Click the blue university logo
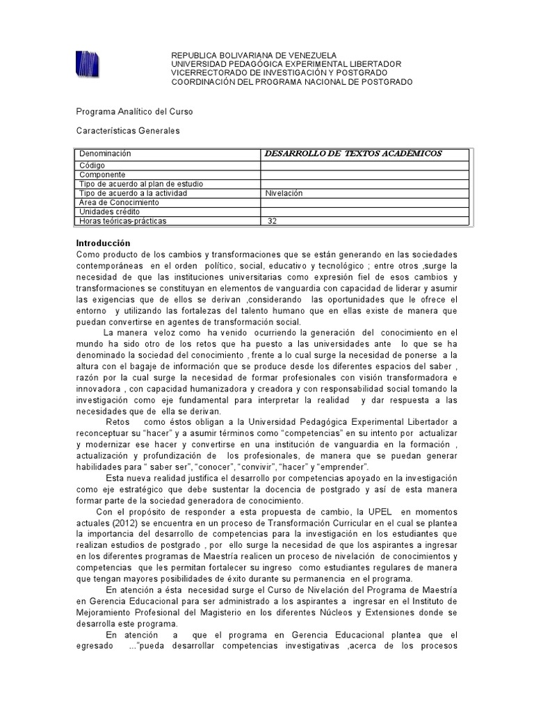click(87, 64)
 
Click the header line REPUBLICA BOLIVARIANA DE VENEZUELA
click(254, 55)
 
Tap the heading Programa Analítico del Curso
click(134, 112)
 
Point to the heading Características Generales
click(127, 131)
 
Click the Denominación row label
click(105, 154)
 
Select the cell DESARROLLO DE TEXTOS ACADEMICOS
click(354, 154)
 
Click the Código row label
click(92, 166)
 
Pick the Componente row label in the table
click(102, 175)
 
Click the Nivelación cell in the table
click(284, 193)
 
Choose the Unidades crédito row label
click(109, 211)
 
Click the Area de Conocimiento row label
click(119, 202)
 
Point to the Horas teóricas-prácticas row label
click(123, 221)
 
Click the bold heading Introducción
click(103, 243)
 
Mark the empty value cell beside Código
click(364, 166)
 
